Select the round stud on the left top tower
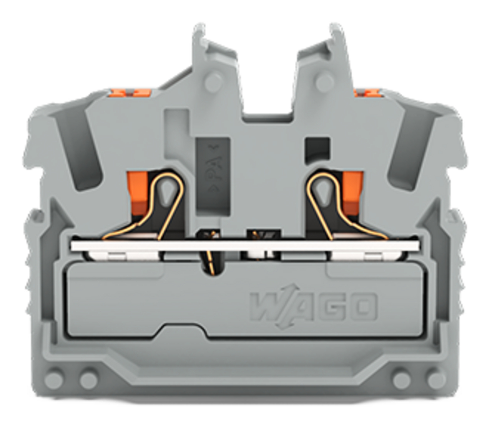[213, 82]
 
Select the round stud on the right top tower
[325, 82]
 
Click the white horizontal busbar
[245, 246]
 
